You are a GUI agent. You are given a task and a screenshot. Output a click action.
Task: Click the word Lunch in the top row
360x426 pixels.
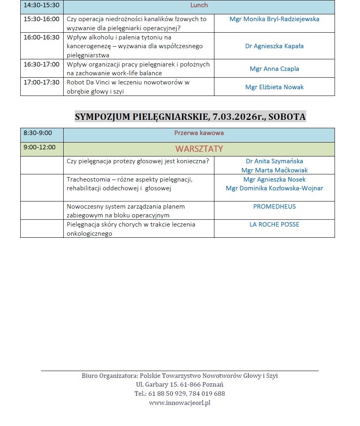pyautogui.click(x=199, y=5)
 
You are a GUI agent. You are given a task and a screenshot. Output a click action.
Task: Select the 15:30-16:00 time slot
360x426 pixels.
pyautogui.click(x=41, y=19)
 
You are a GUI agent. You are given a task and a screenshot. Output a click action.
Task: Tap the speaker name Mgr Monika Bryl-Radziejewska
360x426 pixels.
pyautogui.click(x=274, y=19)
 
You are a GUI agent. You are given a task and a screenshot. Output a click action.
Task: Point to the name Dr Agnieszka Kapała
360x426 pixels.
pyautogui.click(x=274, y=46)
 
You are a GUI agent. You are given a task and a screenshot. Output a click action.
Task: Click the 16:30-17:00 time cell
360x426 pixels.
pyautogui.click(x=41, y=64)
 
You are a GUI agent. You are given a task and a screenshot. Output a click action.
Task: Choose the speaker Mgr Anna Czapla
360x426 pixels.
pyautogui.click(x=274, y=68)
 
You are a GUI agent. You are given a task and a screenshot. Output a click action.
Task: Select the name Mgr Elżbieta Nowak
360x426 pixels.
pyautogui.click(x=274, y=87)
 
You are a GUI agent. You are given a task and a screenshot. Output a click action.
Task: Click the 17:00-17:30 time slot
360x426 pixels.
pyautogui.click(x=41, y=82)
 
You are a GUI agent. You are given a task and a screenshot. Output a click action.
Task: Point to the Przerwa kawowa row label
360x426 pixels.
pyautogui.click(x=199, y=133)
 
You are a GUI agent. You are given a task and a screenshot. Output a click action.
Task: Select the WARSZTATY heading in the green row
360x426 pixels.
pyautogui.click(x=199, y=149)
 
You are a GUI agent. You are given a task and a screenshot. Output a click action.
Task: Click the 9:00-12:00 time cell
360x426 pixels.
pyautogui.click(x=39, y=147)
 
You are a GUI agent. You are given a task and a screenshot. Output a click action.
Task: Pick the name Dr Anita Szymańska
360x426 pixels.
pyautogui.click(x=274, y=161)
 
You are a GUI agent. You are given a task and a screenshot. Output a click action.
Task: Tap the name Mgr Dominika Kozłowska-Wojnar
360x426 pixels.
pyautogui.click(x=274, y=188)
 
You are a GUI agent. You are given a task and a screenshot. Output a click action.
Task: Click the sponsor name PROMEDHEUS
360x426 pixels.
pyautogui.click(x=274, y=206)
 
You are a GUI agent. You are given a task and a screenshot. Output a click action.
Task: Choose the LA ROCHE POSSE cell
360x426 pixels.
pyautogui.click(x=274, y=224)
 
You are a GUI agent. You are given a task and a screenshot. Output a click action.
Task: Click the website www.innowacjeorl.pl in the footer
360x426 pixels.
pyautogui.click(x=179, y=403)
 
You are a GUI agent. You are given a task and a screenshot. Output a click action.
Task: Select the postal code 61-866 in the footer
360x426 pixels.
pyautogui.click(x=190, y=384)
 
